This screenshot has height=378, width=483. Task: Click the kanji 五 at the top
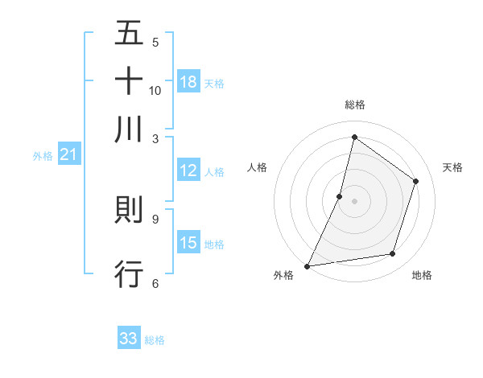click(x=129, y=33)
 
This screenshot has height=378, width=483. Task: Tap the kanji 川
click(x=129, y=129)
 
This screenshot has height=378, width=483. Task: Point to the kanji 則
click(x=129, y=210)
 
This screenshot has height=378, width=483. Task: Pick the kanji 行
click(x=129, y=273)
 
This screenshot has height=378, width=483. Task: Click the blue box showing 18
click(x=188, y=82)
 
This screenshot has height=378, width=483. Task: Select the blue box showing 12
click(x=188, y=171)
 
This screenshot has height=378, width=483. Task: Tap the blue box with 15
click(x=188, y=243)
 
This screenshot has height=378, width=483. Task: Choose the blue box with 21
click(x=68, y=155)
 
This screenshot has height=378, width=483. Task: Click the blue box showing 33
click(x=129, y=339)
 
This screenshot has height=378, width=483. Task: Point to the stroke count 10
click(x=155, y=90)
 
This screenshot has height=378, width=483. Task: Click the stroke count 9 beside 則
click(x=155, y=218)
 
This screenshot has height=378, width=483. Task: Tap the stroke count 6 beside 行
click(x=155, y=282)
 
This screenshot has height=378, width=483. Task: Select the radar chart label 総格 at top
click(x=354, y=105)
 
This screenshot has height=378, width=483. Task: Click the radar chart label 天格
click(x=452, y=167)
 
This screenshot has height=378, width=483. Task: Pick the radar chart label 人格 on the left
click(x=257, y=167)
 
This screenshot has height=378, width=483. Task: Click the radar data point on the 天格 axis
click(x=416, y=181)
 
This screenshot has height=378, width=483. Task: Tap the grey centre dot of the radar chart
click(x=354, y=200)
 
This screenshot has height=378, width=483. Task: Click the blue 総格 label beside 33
click(x=155, y=340)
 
